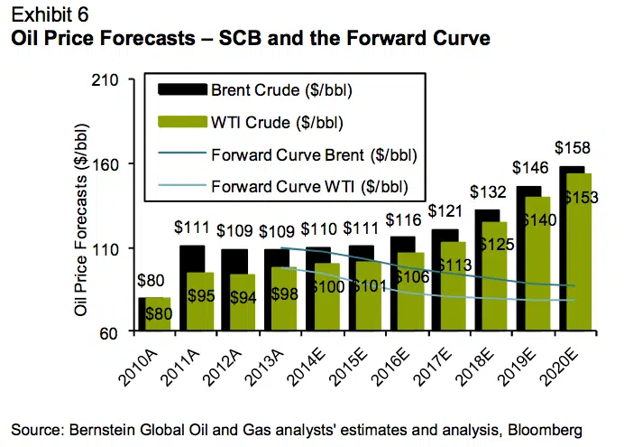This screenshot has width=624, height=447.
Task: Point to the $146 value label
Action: click(531, 167)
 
